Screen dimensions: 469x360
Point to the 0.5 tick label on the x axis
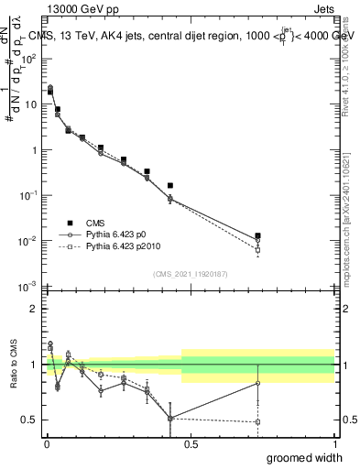pos(191,443)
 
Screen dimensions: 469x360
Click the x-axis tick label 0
pos(46,443)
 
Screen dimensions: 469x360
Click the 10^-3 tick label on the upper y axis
pos(27,287)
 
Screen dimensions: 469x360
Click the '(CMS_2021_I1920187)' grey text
pos(191,274)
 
